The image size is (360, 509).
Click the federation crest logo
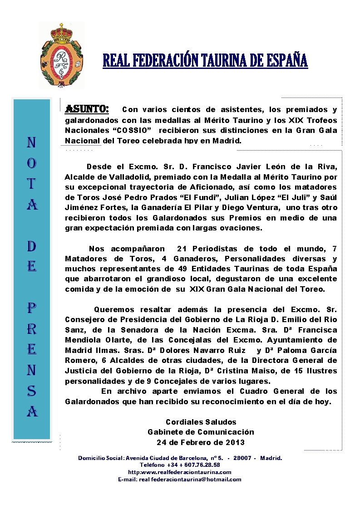61,55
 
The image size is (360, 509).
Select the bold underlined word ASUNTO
87,109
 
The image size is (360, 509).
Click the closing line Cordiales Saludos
201,422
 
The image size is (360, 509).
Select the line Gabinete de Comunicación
201,432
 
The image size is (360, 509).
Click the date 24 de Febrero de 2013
201,442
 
